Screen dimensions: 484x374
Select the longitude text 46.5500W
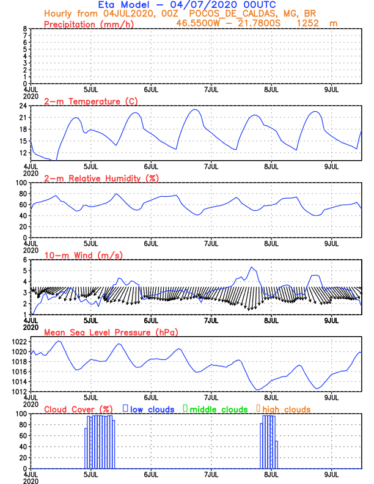200,23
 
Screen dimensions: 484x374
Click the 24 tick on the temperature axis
22,106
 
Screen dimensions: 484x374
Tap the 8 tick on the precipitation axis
24,29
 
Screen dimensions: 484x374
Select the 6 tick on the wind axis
24,260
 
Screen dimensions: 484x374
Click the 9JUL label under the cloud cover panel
331,474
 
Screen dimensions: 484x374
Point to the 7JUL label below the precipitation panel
211,89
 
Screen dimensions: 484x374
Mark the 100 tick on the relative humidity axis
20,183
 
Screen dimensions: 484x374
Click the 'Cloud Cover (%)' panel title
78,409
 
